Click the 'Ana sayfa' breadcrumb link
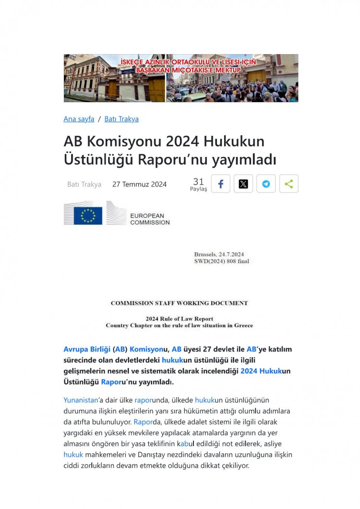pos(79,119)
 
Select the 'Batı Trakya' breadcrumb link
pos(121,119)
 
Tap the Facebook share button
pos(221,184)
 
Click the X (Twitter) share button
pos(243,184)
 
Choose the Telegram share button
pos(266,184)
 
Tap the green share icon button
pos(288,184)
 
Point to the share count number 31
pos(198,181)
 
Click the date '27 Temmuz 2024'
pos(139,184)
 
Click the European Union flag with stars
pos(88,215)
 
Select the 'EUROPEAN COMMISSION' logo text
pos(150,219)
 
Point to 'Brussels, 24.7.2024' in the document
pos(222,254)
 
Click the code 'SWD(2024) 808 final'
pos(221,261)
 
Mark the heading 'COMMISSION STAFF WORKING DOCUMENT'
pos(179,303)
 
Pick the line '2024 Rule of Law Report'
pos(179,319)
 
